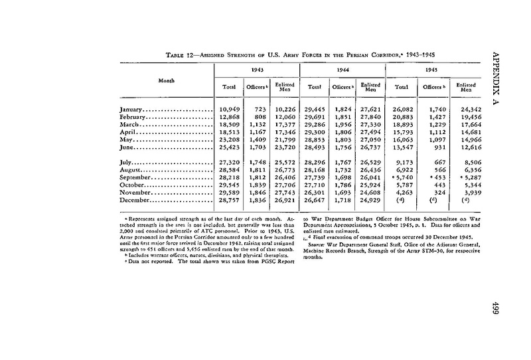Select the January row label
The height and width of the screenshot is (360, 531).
tap(132, 108)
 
